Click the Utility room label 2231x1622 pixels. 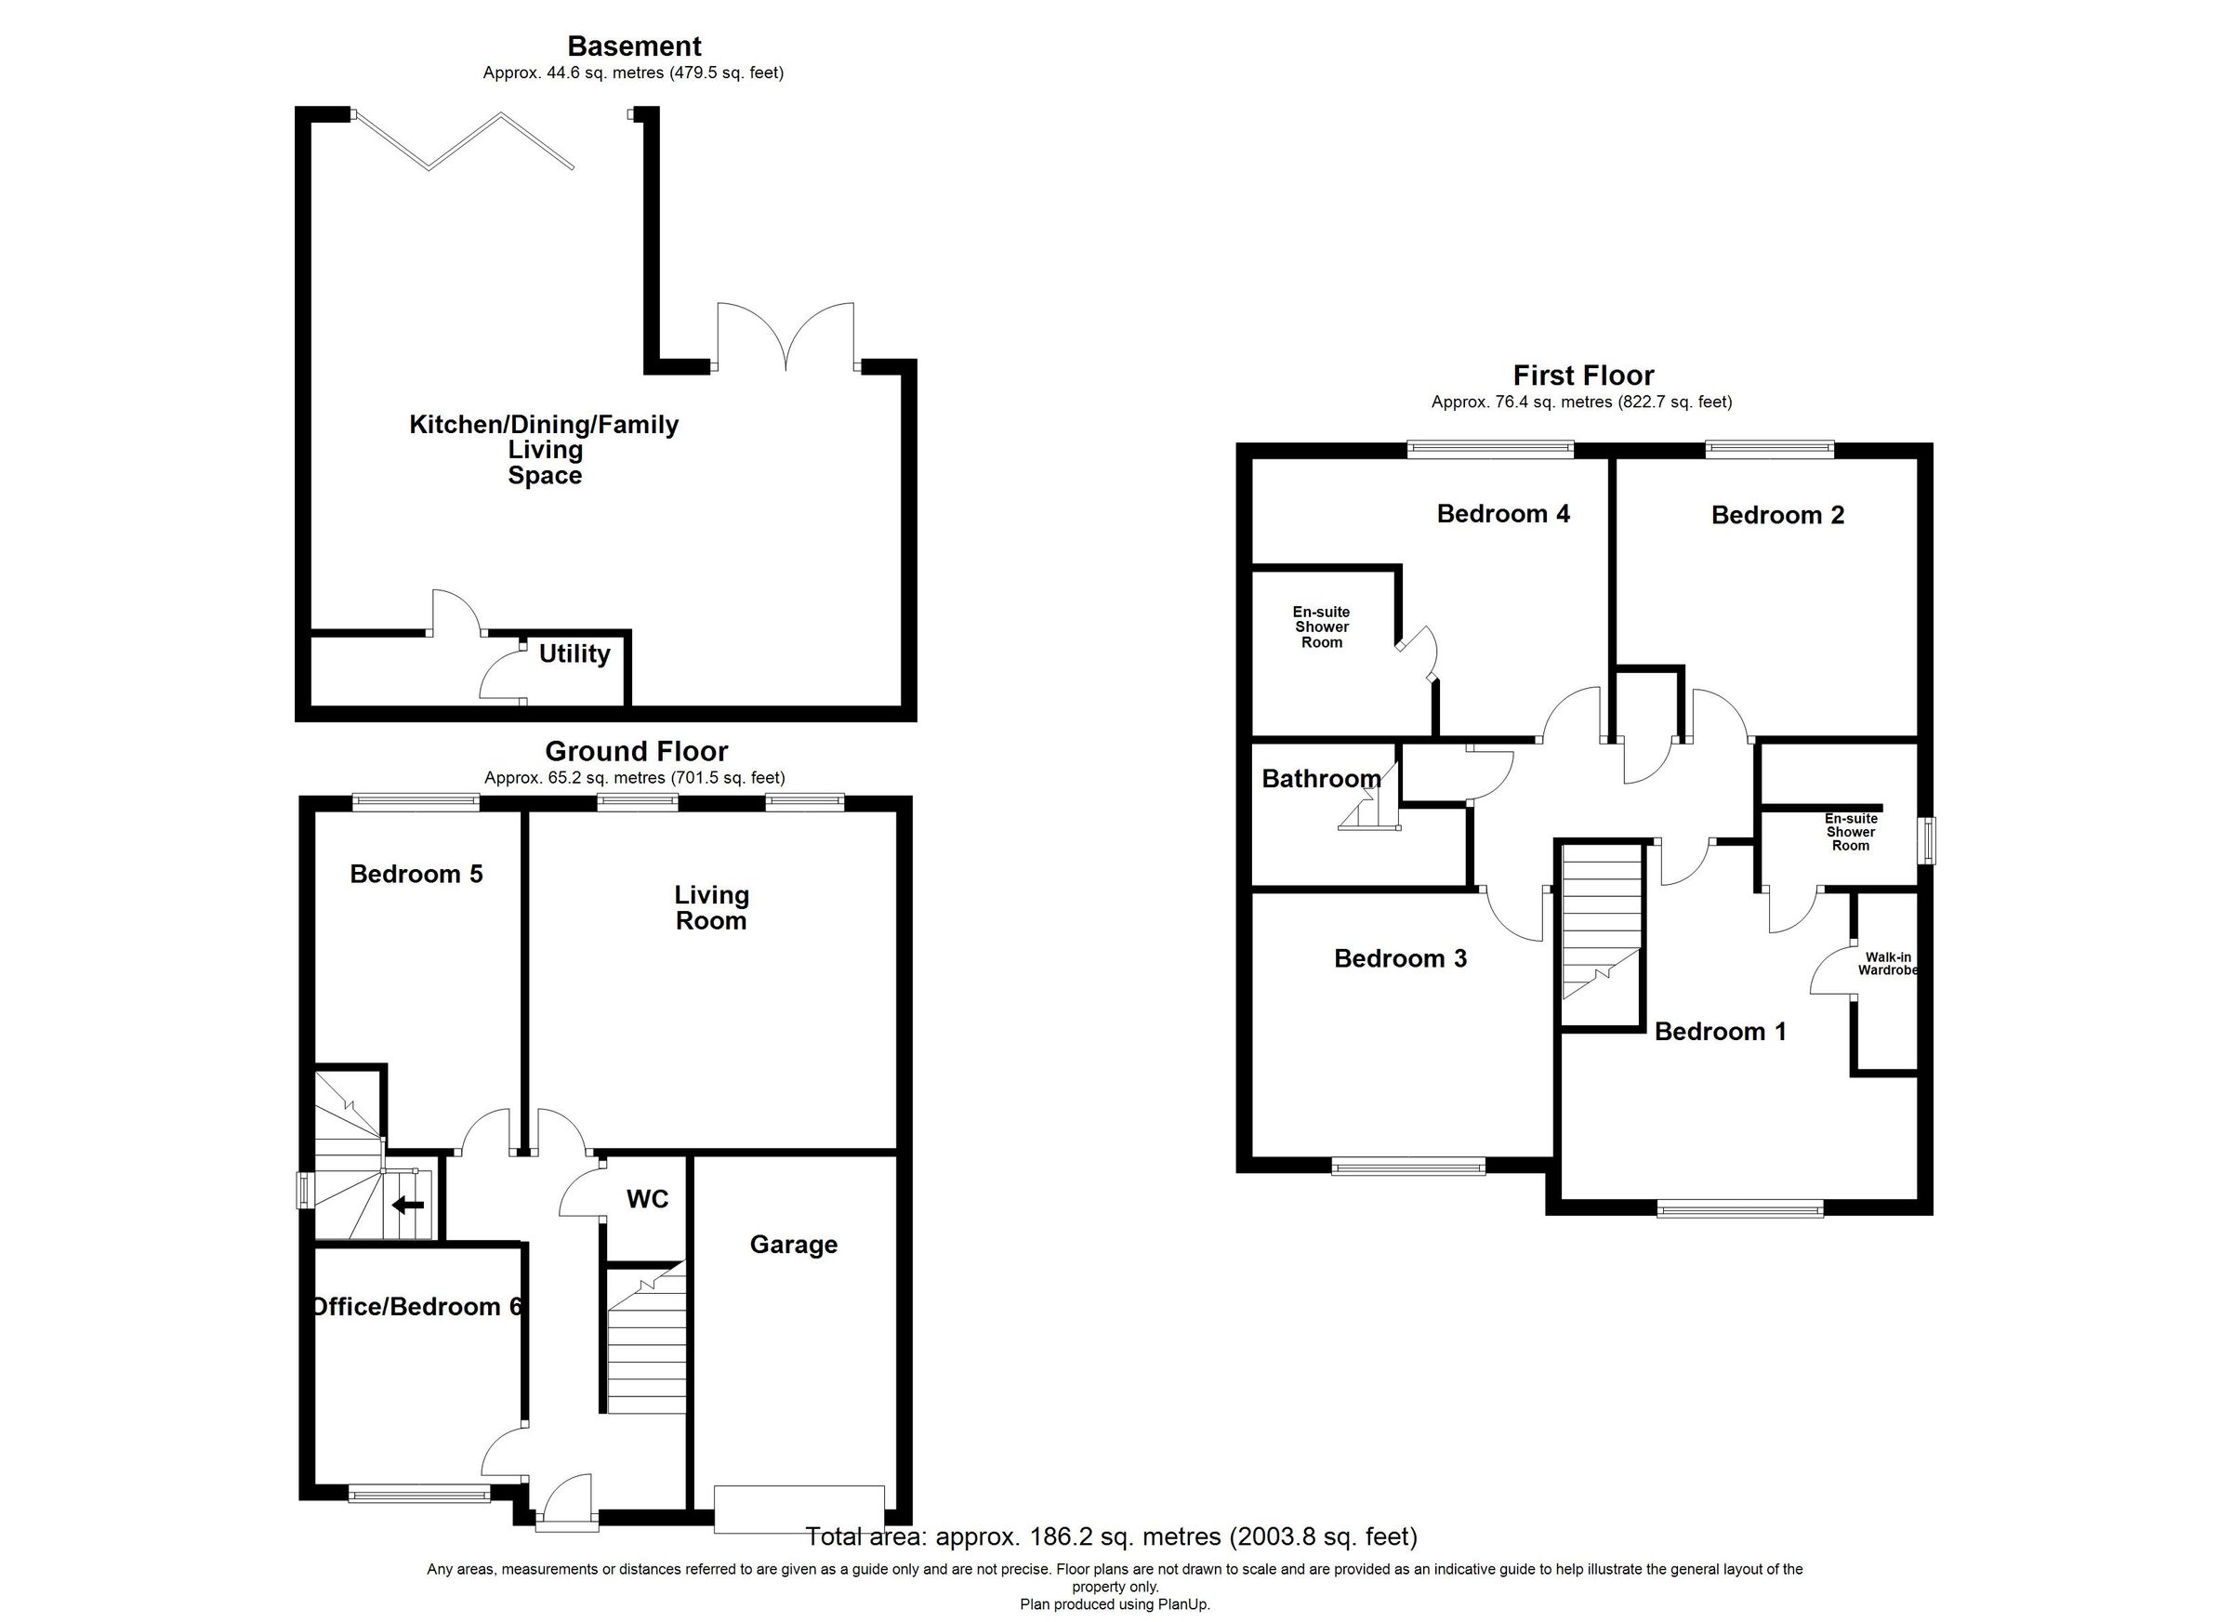coord(574,654)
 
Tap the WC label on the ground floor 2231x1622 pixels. coord(647,1199)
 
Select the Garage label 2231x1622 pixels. coord(793,1245)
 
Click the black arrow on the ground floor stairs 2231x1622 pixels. coord(408,1205)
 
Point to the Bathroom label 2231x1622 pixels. coord(1321,779)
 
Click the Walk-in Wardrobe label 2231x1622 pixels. coord(1887,964)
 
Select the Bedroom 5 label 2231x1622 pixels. coord(416,874)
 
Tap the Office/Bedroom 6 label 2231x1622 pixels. coord(416,1306)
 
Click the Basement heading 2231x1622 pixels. coord(635,46)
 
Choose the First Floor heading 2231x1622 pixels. coord(1583,375)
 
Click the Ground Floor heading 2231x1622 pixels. coord(637,751)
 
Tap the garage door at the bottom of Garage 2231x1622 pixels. coord(799,1508)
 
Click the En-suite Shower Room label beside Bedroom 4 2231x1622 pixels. coord(1321,626)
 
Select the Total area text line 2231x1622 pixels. coord(1112,1536)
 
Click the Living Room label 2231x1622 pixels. coord(711,908)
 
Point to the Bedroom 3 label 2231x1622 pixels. coord(1400,958)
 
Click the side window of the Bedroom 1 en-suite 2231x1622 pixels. coord(1929,840)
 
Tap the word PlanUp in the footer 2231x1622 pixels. coord(1183,1604)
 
